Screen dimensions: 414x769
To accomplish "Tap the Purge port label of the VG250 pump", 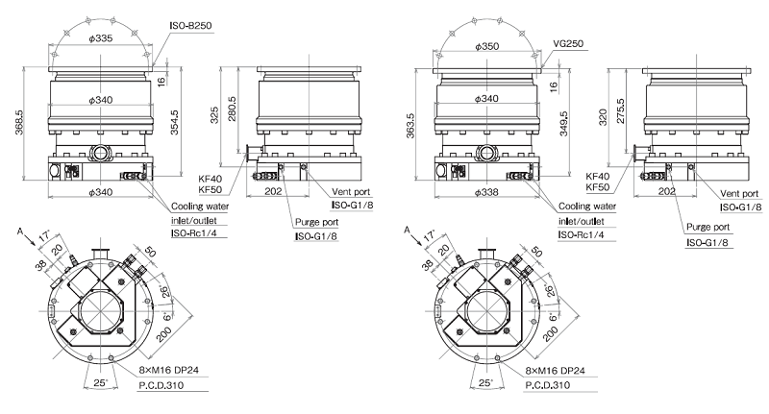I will pos(708,228).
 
